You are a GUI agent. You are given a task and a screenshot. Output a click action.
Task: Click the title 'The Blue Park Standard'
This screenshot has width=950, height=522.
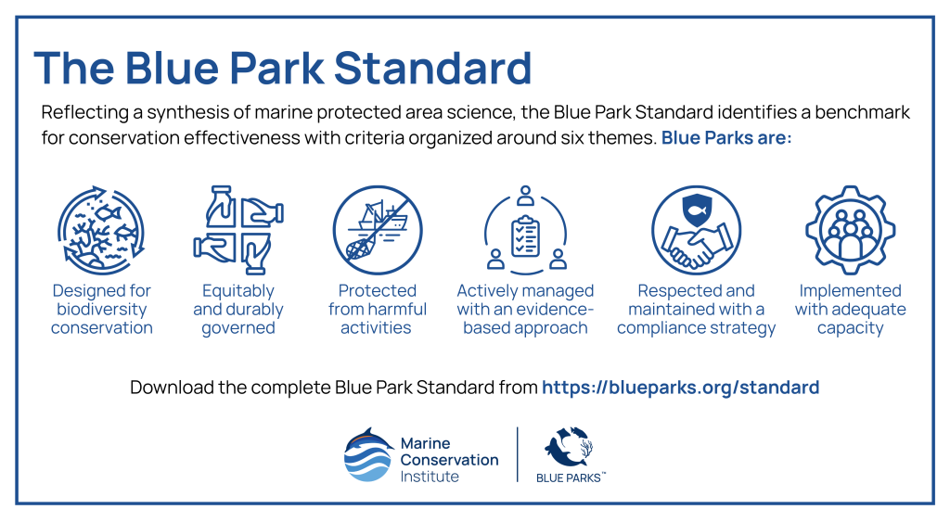pyautogui.click(x=282, y=69)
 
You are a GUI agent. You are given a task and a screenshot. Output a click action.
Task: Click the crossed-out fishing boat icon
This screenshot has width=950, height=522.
pyautogui.click(x=377, y=228)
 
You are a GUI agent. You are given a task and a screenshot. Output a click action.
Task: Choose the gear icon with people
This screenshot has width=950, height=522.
pyautogui.click(x=850, y=228)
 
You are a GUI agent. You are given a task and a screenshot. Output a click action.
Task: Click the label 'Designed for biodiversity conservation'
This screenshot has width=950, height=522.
pyautogui.click(x=102, y=310)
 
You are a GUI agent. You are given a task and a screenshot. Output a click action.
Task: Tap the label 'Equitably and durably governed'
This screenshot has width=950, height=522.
pyautogui.click(x=238, y=310)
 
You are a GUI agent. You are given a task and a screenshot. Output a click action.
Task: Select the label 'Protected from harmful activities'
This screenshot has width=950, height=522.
pyautogui.click(x=377, y=310)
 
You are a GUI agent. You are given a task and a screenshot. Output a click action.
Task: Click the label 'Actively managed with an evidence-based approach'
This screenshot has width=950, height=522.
pyautogui.click(x=525, y=310)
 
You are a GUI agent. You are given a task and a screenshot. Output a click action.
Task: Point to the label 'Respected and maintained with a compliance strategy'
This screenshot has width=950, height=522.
pyautogui.click(x=696, y=310)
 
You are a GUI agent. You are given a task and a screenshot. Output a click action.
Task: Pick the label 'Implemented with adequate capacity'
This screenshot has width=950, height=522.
pyautogui.click(x=850, y=310)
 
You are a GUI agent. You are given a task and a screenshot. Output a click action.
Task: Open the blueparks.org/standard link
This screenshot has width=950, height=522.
pyautogui.click(x=680, y=387)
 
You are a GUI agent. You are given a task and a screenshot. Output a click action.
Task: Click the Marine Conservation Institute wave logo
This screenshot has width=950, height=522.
pyautogui.click(x=368, y=455)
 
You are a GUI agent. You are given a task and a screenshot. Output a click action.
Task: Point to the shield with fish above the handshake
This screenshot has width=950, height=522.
pyautogui.click(x=697, y=208)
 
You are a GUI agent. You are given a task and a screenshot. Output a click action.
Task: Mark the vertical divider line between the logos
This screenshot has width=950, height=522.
pyautogui.click(x=517, y=454)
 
